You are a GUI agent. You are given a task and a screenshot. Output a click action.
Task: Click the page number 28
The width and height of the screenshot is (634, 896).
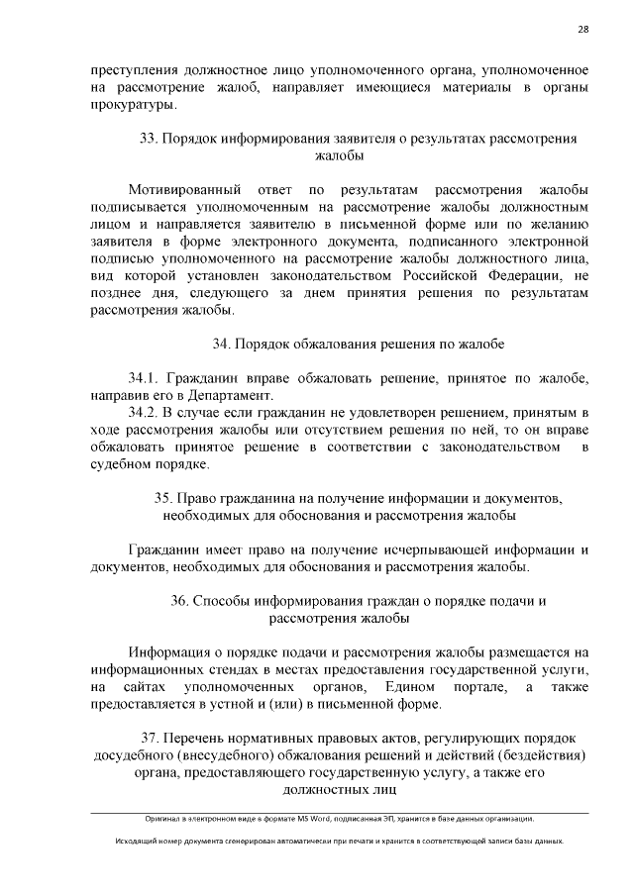pyautogui.click(x=583, y=29)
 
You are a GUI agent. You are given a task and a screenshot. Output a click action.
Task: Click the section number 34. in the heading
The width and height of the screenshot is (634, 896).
pyautogui.click(x=221, y=344)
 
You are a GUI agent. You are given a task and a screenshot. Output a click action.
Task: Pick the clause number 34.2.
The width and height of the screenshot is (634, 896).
pyautogui.click(x=144, y=412)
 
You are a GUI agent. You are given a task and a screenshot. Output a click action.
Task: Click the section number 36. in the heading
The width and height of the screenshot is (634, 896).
pyautogui.click(x=179, y=600)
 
